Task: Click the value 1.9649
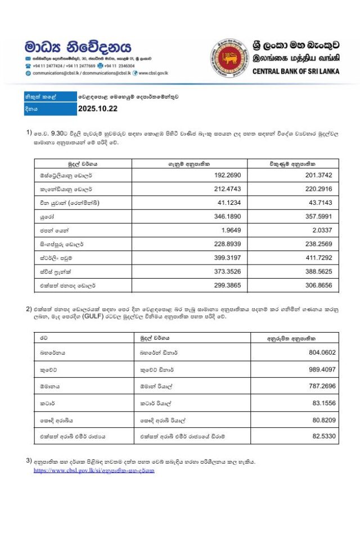coord(233,229)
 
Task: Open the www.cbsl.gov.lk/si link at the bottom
coord(93,471)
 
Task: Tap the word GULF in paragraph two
coord(93,317)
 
